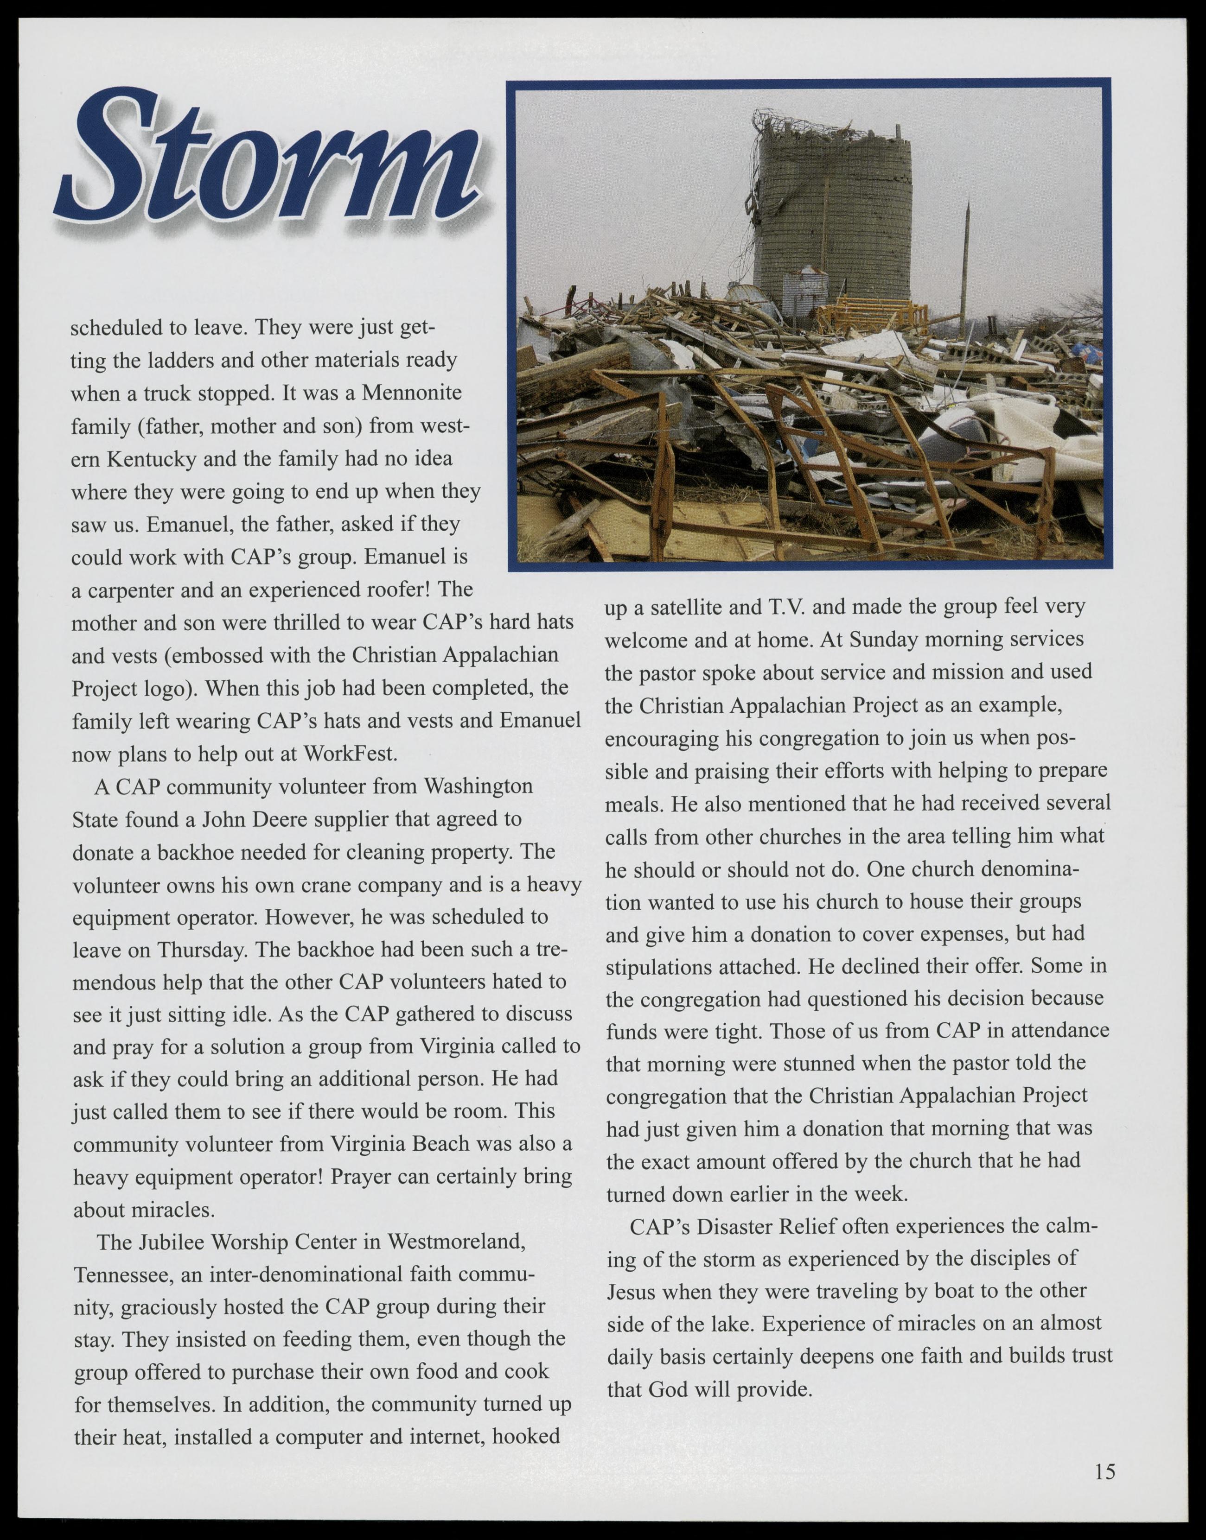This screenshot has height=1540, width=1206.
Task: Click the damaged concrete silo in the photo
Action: tap(833, 212)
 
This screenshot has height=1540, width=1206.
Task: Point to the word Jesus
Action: tap(632, 1292)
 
